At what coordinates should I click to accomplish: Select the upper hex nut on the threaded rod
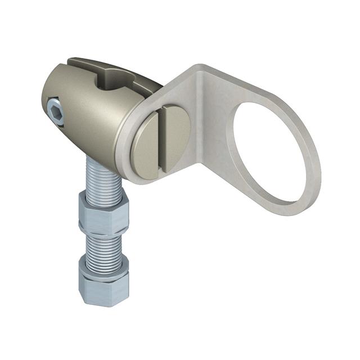point(103,213)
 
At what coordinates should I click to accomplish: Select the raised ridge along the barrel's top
point(84,61)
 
